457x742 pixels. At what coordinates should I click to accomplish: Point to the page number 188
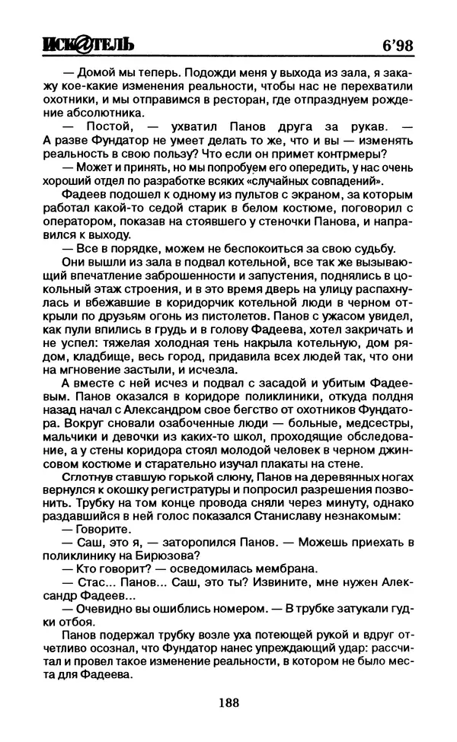[x=228, y=702]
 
